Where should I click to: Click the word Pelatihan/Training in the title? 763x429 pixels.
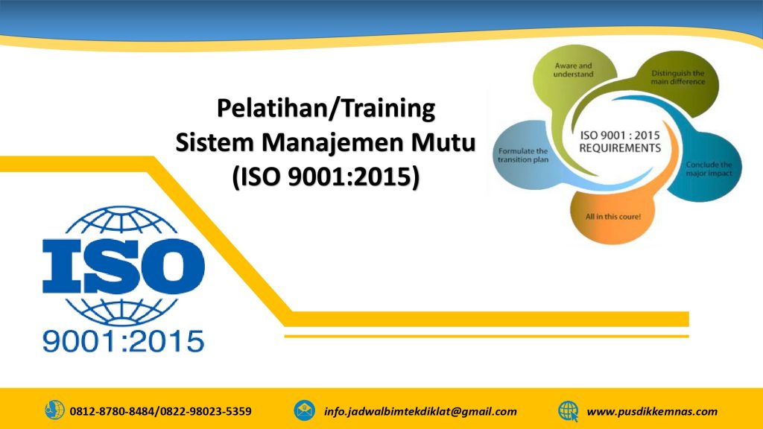click(x=326, y=108)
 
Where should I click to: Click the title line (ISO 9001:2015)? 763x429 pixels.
click(x=326, y=177)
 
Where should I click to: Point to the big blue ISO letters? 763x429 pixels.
click(x=123, y=267)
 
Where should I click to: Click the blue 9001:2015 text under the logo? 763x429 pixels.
click(x=123, y=341)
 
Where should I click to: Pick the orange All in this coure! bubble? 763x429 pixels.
click(x=612, y=217)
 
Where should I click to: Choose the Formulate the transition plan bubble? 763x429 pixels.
click(x=522, y=155)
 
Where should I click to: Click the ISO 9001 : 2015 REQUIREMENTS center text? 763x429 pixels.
click(x=620, y=142)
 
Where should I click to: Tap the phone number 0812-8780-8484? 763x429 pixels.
click(x=112, y=411)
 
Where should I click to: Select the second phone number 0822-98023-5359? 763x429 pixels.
click(x=206, y=411)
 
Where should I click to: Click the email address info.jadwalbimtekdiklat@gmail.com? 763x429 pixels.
click(x=420, y=411)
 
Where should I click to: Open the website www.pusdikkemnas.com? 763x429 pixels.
click(x=652, y=411)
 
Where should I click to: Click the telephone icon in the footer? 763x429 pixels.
click(x=54, y=410)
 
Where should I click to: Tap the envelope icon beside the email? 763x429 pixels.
click(x=304, y=410)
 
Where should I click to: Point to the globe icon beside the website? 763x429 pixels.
click(x=569, y=411)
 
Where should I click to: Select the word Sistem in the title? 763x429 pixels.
click(x=215, y=142)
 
